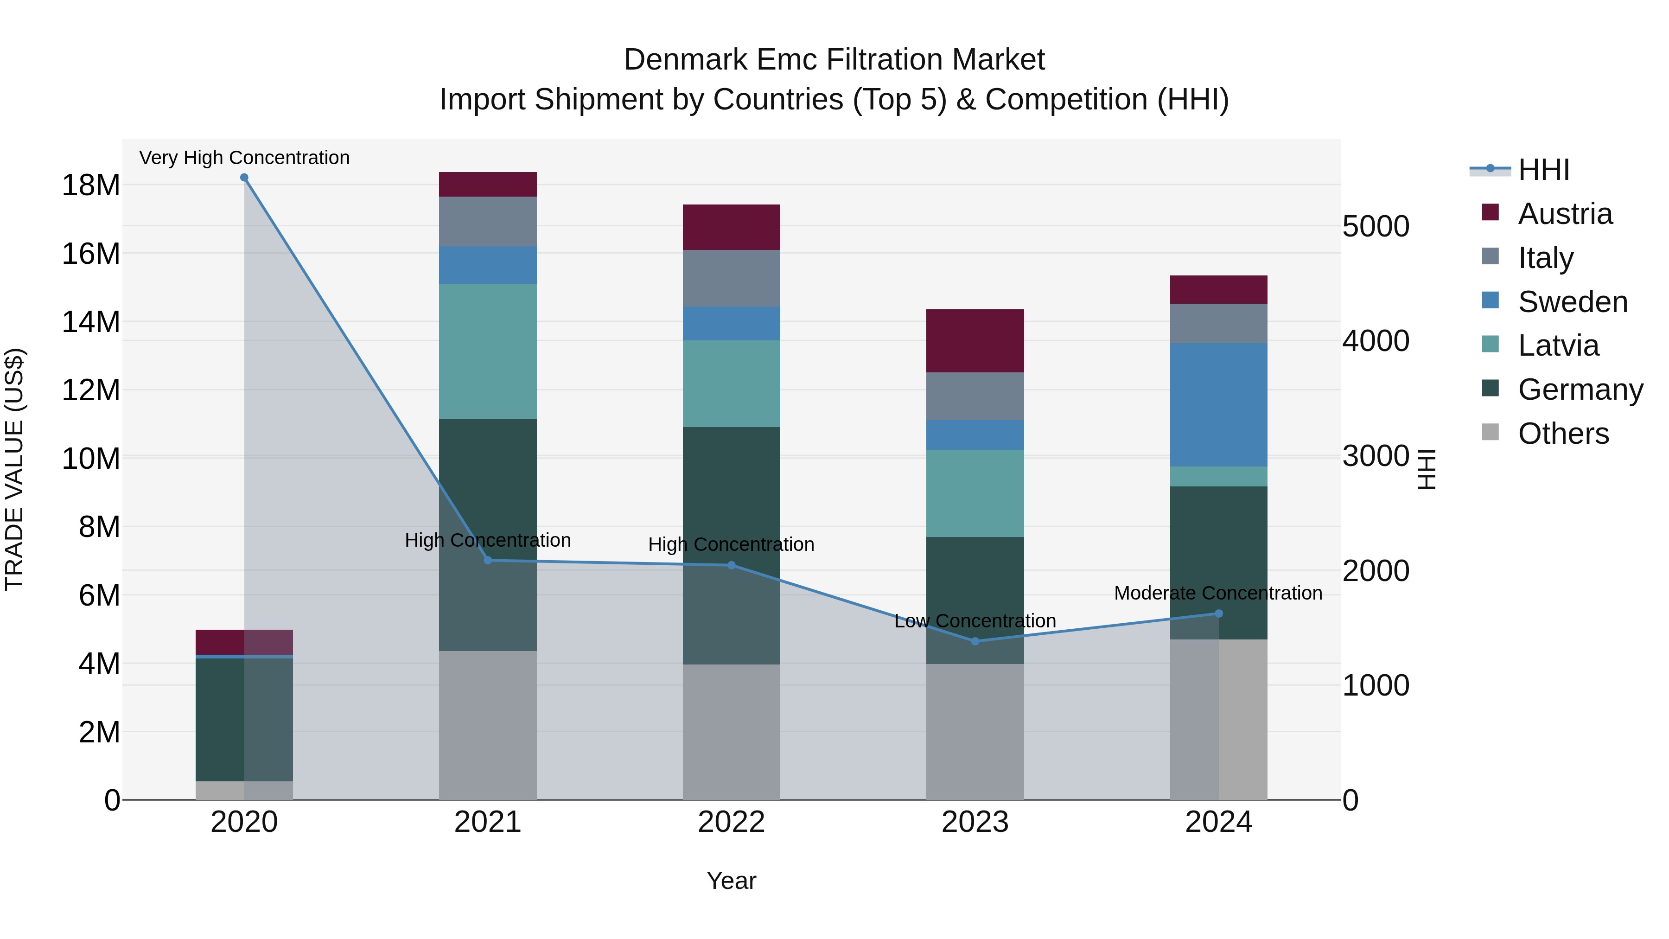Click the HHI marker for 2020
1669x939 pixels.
point(244,178)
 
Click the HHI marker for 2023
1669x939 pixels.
point(975,641)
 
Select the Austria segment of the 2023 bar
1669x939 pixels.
point(975,341)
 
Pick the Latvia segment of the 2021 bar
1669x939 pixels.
point(488,351)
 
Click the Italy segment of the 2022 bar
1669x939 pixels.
point(732,278)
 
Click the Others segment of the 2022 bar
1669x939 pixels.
point(732,732)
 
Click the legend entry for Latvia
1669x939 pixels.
point(1558,345)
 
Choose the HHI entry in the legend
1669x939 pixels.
point(1544,170)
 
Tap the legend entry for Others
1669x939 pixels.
point(1563,434)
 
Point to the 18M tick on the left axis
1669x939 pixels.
point(91,185)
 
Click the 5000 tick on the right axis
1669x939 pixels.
point(1376,227)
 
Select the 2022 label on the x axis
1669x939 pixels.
point(732,822)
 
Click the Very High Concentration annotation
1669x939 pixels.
point(244,158)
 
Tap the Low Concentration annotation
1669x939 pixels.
point(975,621)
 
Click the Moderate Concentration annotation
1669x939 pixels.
point(1218,593)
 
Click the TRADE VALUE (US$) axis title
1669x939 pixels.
point(14,469)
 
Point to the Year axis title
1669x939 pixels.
point(732,881)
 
